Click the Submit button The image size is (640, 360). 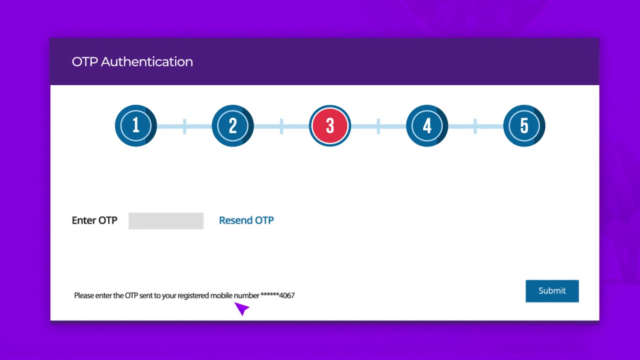552,291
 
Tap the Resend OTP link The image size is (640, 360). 246,220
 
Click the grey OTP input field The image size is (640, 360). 166,221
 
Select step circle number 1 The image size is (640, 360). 135,125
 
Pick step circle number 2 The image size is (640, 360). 232,125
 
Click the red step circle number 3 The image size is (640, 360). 330,125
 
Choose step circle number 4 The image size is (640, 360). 427,125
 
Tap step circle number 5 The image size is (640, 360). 524,125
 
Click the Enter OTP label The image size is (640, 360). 94,220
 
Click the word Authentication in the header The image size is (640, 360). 147,62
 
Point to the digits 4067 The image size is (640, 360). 286,295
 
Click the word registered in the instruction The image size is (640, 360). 193,295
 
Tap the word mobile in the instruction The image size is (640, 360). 221,295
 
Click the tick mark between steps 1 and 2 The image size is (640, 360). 184,126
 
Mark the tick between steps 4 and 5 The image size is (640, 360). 475,126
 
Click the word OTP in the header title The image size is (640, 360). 84,62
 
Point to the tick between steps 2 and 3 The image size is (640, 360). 281,126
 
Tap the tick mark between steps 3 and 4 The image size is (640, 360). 378,126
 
